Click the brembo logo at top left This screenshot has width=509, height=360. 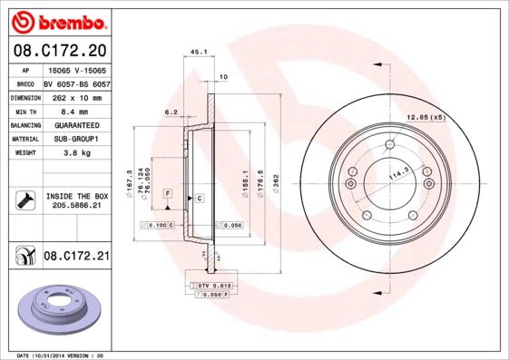(57, 19)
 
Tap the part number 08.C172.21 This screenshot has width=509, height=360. (75, 257)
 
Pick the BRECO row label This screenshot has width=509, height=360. (24, 83)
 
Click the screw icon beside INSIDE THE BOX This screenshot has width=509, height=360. (24, 201)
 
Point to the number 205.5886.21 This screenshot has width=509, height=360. (76, 208)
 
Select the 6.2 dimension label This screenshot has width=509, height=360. (170, 112)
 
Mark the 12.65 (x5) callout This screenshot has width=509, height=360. (426, 118)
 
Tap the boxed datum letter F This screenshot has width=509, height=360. (168, 195)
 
